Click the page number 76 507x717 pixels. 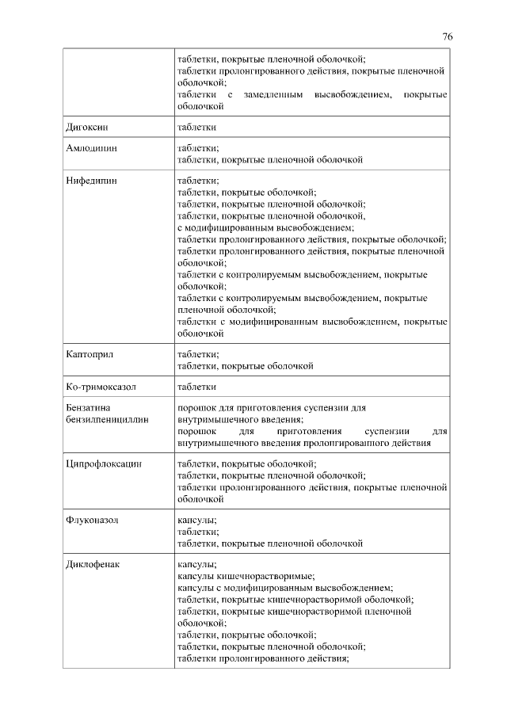click(x=447, y=37)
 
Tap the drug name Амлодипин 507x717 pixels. click(x=90, y=148)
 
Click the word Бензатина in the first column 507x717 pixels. click(x=87, y=407)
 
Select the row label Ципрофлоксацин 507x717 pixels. click(x=104, y=464)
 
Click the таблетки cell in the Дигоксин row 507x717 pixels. click(x=197, y=127)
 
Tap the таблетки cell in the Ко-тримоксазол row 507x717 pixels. click(x=197, y=387)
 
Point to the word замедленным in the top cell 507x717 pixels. click(x=273, y=95)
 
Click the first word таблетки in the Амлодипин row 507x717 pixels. click(x=197, y=148)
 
